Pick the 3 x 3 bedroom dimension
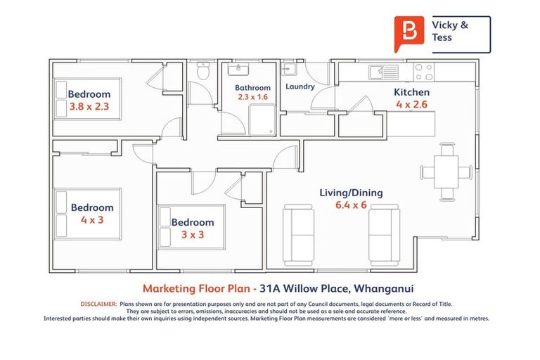(x=193, y=234)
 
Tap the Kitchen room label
(x=411, y=92)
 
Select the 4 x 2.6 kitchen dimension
(x=411, y=104)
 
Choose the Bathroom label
(x=252, y=88)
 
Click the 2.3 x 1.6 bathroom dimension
(x=252, y=97)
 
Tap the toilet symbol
(x=203, y=71)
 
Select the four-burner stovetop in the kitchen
(x=423, y=71)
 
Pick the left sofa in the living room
(x=297, y=232)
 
